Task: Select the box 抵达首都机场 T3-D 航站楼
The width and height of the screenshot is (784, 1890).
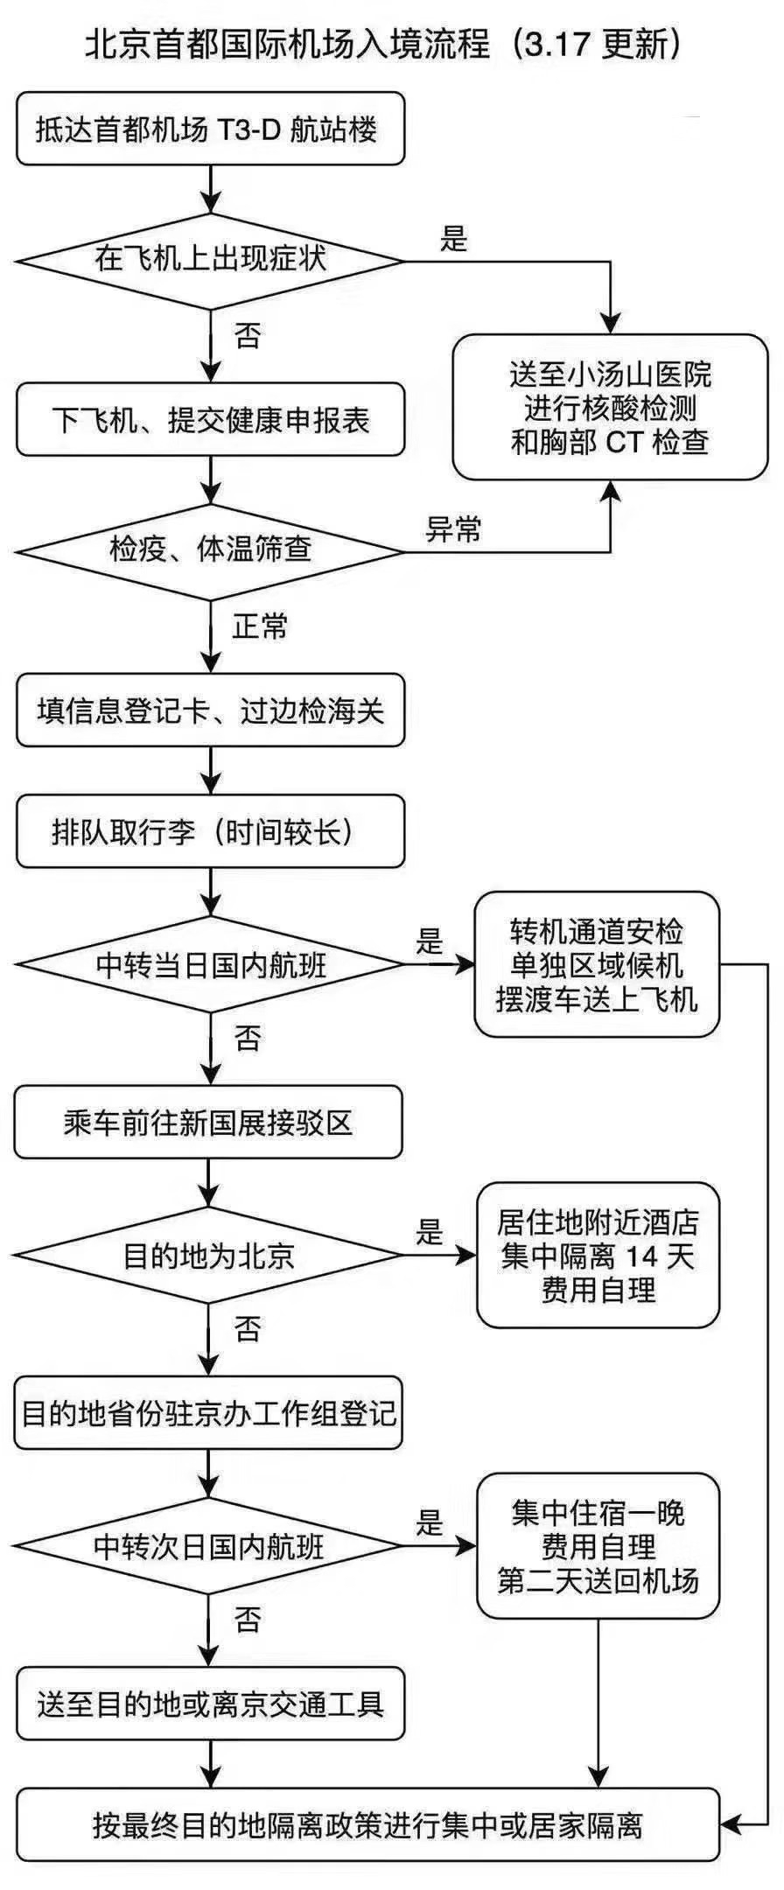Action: click(210, 129)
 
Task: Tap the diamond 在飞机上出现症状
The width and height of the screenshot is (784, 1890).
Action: click(210, 260)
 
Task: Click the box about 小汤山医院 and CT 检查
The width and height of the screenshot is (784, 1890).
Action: click(610, 408)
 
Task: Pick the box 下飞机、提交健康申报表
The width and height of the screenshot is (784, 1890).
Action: click(210, 420)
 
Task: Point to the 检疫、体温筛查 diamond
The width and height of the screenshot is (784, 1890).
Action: click(210, 550)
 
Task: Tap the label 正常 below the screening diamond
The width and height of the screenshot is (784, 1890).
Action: click(260, 626)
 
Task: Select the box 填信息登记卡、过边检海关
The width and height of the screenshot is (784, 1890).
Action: click(210, 710)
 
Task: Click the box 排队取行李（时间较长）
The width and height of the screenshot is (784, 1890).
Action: click(210, 832)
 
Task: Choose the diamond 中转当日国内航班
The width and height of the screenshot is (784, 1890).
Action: click(210, 965)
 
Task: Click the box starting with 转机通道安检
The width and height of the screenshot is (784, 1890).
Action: click(597, 965)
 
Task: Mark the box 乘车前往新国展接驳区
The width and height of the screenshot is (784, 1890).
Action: click(208, 1123)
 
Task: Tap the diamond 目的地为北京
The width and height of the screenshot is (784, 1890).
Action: click(208, 1256)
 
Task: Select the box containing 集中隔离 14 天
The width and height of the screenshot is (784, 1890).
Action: click(598, 1256)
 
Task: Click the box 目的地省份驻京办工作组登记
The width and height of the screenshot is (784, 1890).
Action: click(208, 1413)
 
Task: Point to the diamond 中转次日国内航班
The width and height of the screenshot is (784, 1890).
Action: click(208, 1547)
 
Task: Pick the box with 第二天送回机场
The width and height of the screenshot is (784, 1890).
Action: click(598, 1546)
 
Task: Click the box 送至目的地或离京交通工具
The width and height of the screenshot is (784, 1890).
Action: click(210, 1704)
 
